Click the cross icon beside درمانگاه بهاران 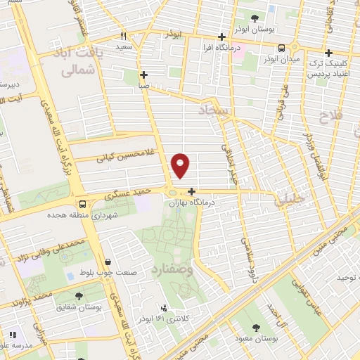(192, 191)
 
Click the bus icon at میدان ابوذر (281, 48)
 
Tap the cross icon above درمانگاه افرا (221, 37)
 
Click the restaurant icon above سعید (124, 36)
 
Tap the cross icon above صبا (143, 75)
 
